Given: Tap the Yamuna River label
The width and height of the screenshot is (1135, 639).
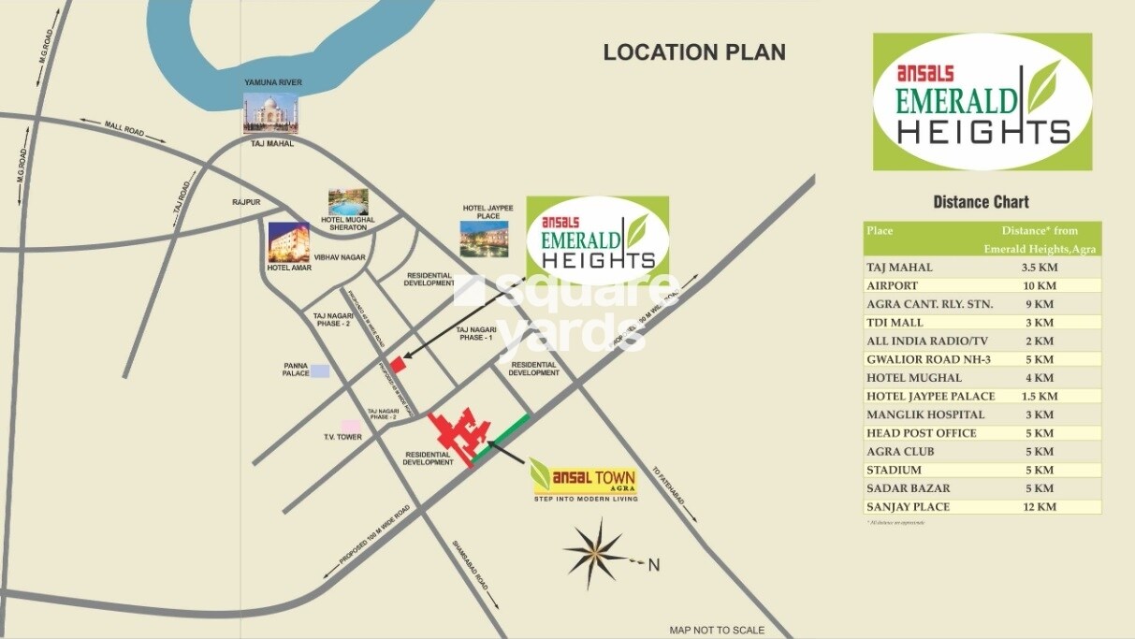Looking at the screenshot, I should [273, 83].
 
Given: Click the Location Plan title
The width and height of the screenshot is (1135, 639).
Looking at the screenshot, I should [694, 52].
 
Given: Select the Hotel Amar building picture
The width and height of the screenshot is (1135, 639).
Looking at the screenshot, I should [289, 242].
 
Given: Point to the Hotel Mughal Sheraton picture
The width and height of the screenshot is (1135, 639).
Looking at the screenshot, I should [348, 202].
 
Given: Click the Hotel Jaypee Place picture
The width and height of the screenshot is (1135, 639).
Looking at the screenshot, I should [482, 239].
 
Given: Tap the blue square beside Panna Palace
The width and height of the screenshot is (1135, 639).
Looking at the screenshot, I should [320, 370].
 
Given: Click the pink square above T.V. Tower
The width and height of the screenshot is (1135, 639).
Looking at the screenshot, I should [350, 427].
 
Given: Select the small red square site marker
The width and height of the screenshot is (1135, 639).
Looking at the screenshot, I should [397, 363].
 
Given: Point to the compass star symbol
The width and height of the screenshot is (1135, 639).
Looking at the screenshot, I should [595, 554].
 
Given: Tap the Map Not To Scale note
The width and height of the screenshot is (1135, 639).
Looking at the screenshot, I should [717, 630].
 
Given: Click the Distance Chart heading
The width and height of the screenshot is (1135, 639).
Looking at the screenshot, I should [981, 202].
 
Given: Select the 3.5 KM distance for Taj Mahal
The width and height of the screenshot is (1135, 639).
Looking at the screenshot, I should [1038, 268].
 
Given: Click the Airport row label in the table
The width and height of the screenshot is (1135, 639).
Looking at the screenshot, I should [893, 285].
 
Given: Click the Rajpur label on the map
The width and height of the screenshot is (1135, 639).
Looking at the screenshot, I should [246, 202].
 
